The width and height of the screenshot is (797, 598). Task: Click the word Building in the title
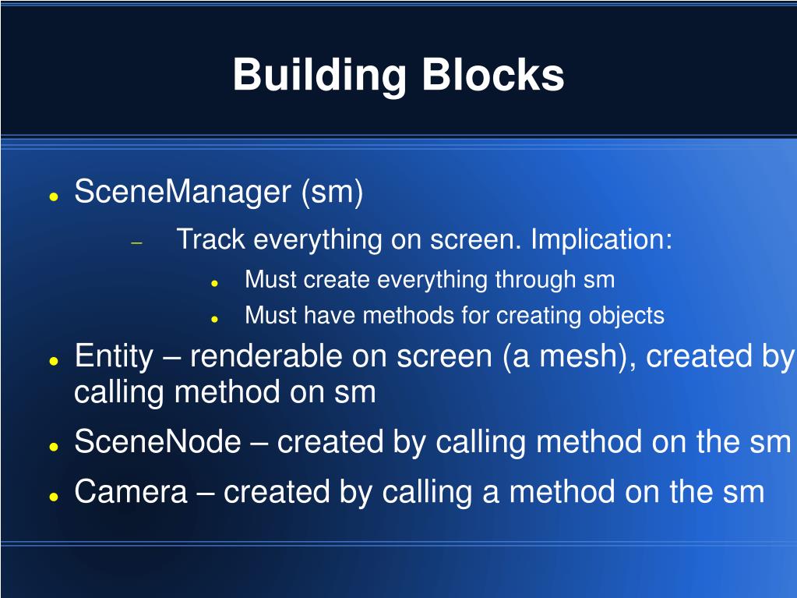319,76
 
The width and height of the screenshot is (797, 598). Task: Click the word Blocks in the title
493,76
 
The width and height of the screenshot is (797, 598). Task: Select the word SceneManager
182,192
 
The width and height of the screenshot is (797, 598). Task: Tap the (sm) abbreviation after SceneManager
333,192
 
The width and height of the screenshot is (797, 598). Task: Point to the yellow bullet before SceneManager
53,196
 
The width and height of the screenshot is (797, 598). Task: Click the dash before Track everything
137,242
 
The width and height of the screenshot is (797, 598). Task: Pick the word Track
211,239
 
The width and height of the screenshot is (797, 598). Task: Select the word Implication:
601,239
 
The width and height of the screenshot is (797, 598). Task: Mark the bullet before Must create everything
214,283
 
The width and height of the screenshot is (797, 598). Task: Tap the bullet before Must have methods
214,319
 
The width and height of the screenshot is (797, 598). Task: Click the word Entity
114,356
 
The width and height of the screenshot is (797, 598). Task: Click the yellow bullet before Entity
53,361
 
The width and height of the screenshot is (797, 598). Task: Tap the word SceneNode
157,442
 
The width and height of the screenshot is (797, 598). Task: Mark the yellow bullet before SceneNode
53,447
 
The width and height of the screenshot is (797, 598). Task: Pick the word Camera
131,492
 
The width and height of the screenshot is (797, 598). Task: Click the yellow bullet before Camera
53,496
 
